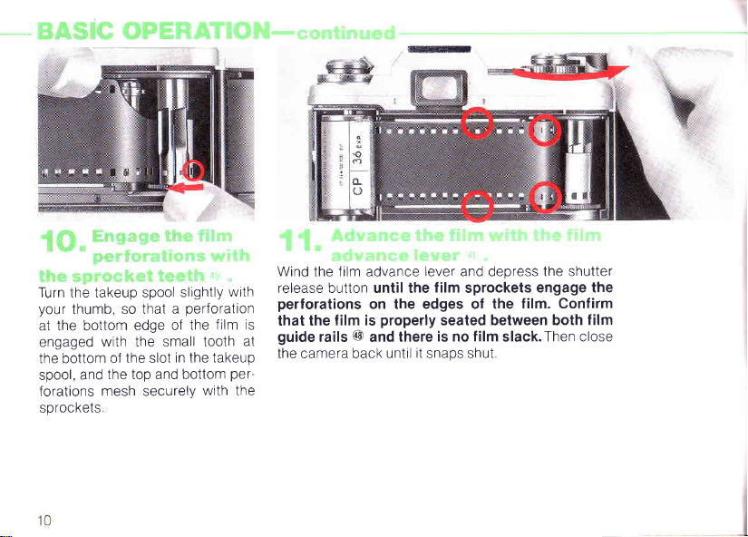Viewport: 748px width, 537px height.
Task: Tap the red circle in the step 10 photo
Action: click(x=196, y=170)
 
